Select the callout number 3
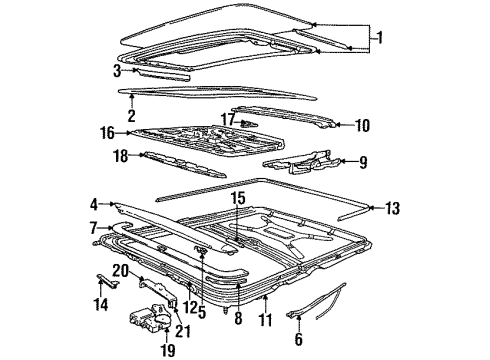118,71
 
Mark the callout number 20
119,271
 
